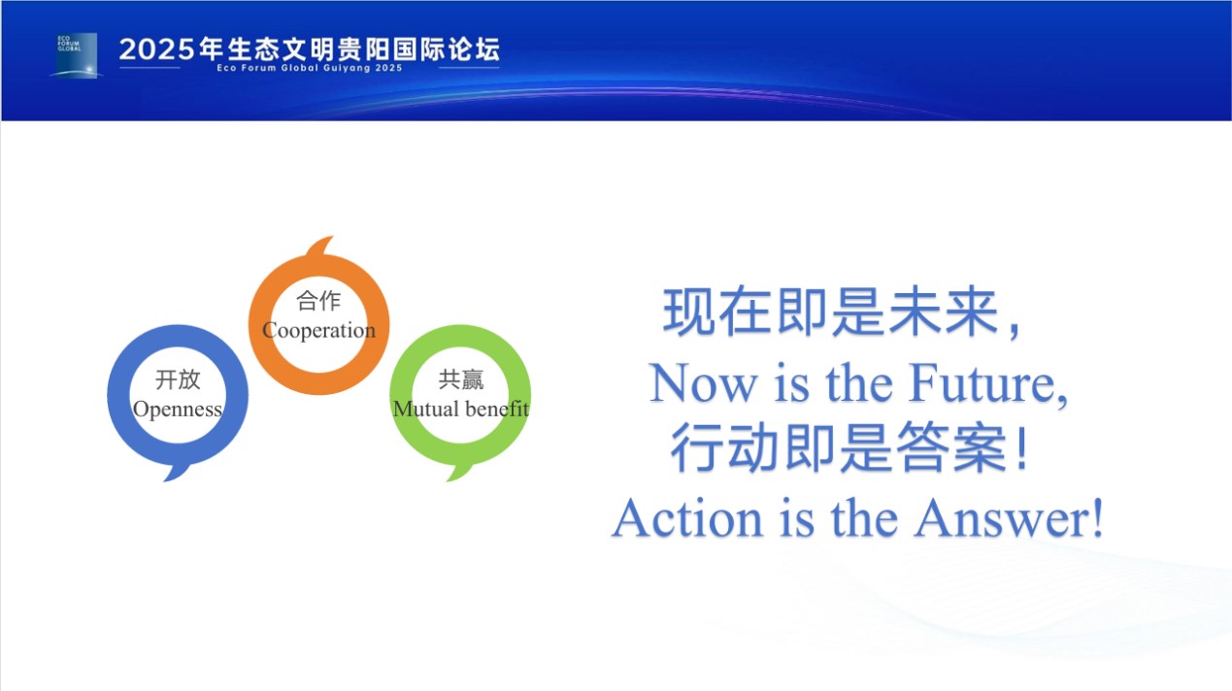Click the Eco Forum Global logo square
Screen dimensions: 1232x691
tap(77, 55)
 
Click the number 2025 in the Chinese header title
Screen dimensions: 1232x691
tap(156, 49)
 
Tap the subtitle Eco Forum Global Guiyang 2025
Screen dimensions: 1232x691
tap(310, 68)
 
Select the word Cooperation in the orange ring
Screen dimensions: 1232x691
tap(319, 330)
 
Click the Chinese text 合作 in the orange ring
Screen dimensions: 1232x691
tap(318, 301)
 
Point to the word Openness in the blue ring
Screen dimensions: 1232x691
tap(178, 409)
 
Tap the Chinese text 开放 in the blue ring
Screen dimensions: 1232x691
tap(178, 379)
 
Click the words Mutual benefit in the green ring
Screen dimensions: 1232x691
tap(461, 409)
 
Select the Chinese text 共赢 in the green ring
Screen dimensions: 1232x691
tap(461, 379)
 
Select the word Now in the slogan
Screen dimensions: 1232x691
tap(703, 382)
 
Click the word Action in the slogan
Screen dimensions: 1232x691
tap(687, 518)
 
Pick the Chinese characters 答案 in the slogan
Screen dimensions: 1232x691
tap(951, 447)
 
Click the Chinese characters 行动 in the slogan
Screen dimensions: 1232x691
tap(725, 447)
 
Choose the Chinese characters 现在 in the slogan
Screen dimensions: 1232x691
tap(717, 312)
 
